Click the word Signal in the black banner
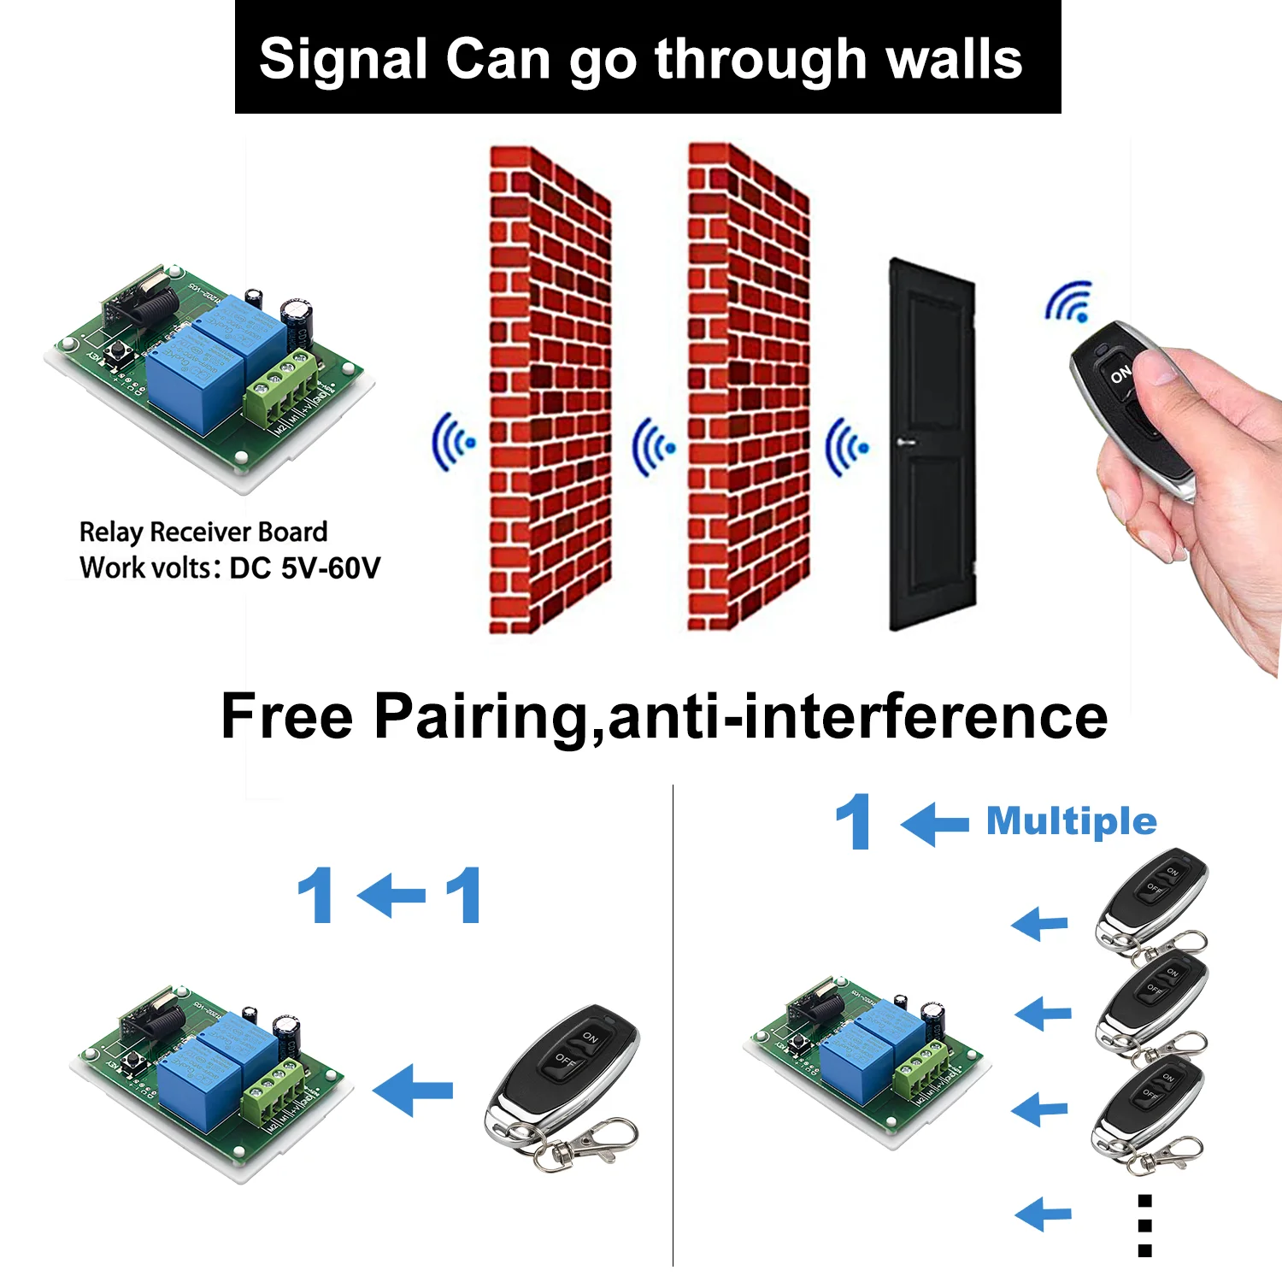[343, 60]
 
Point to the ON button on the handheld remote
[1120, 374]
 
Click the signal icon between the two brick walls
[653, 446]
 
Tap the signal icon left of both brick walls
[453, 443]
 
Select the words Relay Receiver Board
[203, 532]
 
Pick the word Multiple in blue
[1071, 821]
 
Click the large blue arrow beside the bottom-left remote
[414, 1090]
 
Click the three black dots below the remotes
[1144, 1226]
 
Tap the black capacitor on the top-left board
[298, 320]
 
